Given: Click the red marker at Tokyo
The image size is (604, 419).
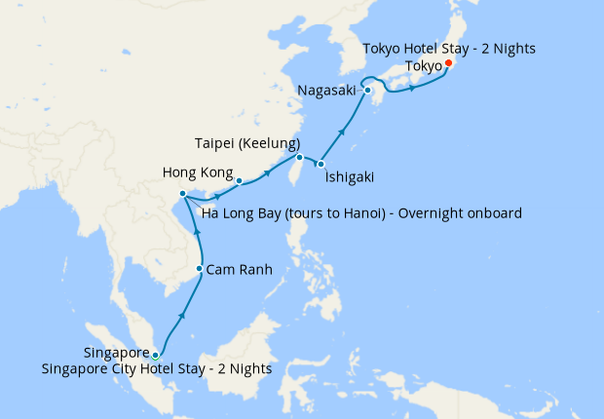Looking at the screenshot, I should pyautogui.click(x=447, y=64).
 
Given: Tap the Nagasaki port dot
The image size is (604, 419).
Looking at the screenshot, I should pyautogui.click(x=368, y=92).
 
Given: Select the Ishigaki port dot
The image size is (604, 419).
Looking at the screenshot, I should pyautogui.click(x=320, y=164).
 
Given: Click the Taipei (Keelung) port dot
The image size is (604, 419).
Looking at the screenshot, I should pyautogui.click(x=299, y=157).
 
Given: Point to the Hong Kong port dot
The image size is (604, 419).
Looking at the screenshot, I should pyautogui.click(x=239, y=180).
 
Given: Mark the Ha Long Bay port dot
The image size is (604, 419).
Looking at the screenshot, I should pyautogui.click(x=183, y=196).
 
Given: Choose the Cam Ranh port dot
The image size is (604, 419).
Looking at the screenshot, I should pyautogui.click(x=200, y=269).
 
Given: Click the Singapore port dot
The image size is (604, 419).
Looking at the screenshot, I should pyautogui.click(x=155, y=356).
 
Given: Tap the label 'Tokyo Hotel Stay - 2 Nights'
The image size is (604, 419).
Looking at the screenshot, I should pyautogui.click(x=449, y=48).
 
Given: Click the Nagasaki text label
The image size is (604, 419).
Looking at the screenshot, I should pyautogui.click(x=327, y=92).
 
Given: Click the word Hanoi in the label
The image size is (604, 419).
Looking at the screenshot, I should pyautogui.click(x=355, y=212).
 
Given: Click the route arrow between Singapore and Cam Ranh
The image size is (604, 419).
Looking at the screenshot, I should pyautogui.click(x=182, y=316).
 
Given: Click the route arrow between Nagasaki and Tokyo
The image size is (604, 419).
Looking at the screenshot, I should pyautogui.click(x=414, y=89).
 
